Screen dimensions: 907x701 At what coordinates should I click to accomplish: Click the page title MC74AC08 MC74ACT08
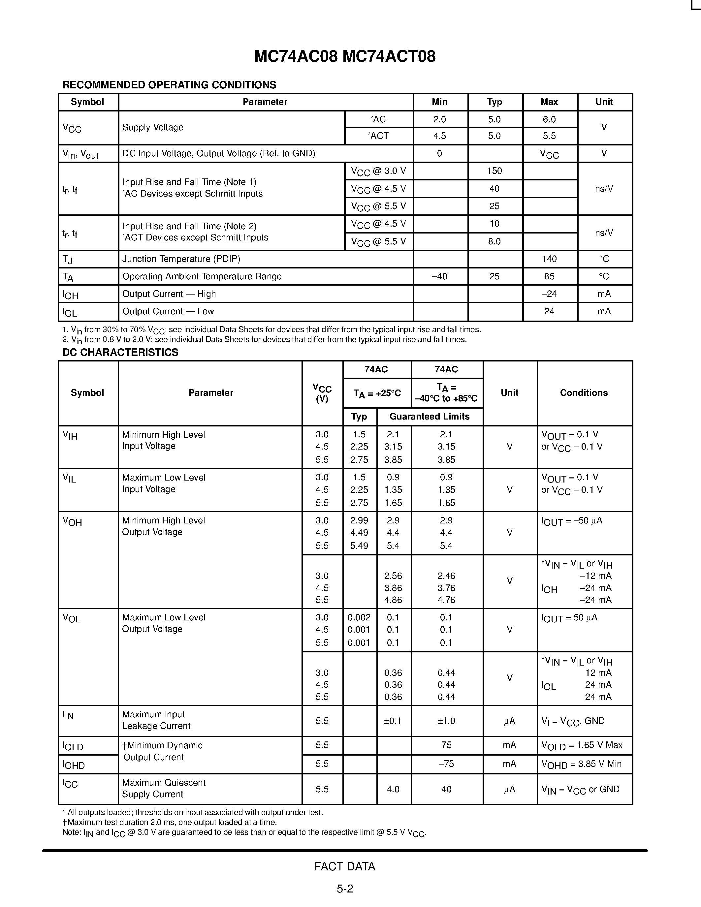click(345, 56)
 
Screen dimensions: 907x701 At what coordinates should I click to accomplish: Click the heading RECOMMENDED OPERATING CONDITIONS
click(169, 85)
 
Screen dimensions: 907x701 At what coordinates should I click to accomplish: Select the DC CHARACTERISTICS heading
click(120, 352)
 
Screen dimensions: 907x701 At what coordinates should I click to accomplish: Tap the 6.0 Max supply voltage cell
click(549, 120)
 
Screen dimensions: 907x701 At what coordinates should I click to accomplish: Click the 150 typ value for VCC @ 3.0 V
click(494, 171)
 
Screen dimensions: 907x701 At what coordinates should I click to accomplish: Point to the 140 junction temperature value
click(549, 259)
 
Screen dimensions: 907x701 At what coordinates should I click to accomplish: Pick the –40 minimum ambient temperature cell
click(439, 277)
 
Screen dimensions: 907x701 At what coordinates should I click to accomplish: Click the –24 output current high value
click(549, 294)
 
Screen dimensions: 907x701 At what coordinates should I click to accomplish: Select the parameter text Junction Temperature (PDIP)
click(181, 259)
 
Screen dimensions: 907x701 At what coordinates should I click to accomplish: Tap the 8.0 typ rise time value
click(494, 241)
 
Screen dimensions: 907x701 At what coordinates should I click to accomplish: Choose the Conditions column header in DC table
click(584, 393)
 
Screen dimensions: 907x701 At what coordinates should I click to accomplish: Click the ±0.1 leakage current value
click(393, 721)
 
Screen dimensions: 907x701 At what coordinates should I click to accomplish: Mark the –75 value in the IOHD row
click(446, 764)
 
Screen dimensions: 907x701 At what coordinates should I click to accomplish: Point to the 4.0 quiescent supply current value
click(393, 789)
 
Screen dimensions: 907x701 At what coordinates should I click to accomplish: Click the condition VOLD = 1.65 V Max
click(581, 745)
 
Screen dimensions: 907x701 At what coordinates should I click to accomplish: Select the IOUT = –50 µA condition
click(571, 521)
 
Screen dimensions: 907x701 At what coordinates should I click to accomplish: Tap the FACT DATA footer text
click(345, 867)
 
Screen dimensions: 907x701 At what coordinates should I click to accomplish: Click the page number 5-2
click(345, 889)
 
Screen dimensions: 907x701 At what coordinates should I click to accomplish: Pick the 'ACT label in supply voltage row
click(378, 136)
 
